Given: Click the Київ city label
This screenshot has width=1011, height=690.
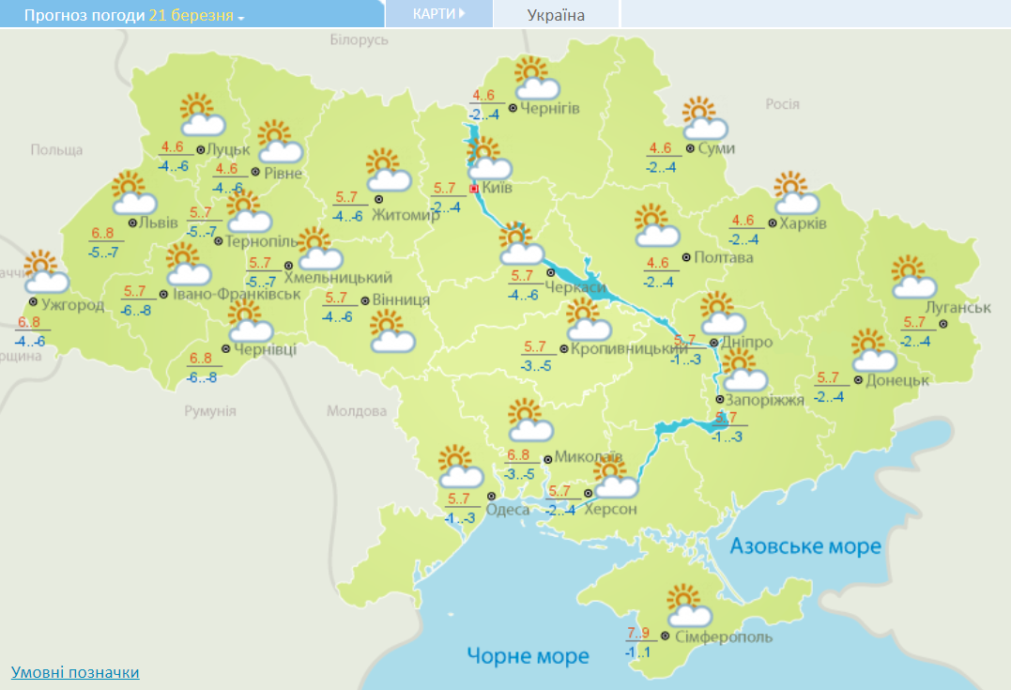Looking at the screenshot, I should (x=497, y=189).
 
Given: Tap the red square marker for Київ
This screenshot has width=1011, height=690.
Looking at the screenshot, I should (x=474, y=189).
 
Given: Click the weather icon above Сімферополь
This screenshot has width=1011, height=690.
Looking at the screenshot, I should (x=689, y=606).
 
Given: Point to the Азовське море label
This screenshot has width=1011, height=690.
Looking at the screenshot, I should (x=805, y=546).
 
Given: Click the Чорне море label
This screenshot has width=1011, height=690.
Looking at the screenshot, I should (x=528, y=655).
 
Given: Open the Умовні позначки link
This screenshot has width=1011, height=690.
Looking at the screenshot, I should (x=75, y=672).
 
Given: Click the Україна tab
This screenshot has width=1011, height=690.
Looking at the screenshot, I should (x=556, y=15).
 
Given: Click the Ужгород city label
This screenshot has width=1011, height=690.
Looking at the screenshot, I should (x=72, y=304).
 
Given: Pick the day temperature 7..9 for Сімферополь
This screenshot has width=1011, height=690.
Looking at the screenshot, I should (x=637, y=631).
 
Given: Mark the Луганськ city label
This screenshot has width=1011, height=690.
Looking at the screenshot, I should (x=957, y=308).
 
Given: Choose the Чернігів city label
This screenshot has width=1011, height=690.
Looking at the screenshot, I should (x=550, y=108).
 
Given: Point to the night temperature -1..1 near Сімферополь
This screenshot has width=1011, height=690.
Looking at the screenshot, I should (x=637, y=652).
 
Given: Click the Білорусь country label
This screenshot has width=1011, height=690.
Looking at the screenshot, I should (x=359, y=40).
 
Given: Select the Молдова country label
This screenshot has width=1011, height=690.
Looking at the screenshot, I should (x=357, y=411).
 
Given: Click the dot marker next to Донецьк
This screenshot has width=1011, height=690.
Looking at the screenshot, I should (x=858, y=380).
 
